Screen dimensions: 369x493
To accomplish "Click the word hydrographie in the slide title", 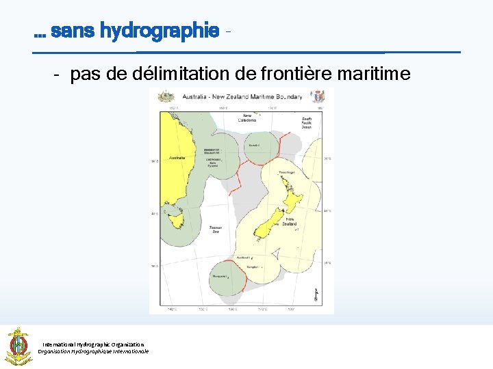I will pyautogui.click(x=160, y=31).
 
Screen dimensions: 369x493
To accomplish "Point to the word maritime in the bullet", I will pyautogui.click(x=375, y=74).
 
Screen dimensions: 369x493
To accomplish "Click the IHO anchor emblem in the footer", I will pyautogui.click(x=18, y=346).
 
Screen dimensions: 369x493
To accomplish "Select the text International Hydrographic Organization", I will pyautogui.click(x=93, y=344).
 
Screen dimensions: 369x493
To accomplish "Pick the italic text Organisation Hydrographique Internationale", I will pyautogui.click(x=93, y=351).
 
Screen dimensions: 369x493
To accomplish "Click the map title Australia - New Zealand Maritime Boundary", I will pyautogui.click(x=242, y=97).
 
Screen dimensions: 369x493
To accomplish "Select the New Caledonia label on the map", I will pyautogui.click(x=246, y=118).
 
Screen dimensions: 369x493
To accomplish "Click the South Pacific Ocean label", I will pyautogui.click(x=307, y=122).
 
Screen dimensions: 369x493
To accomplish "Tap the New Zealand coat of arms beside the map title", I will pyautogui.click(x=318, y=97).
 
